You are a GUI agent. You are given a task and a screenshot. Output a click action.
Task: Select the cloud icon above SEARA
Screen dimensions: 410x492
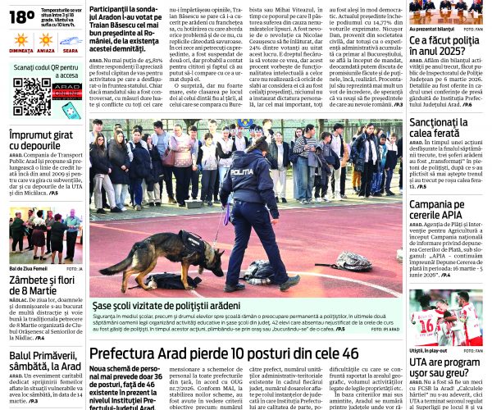click(70, 39)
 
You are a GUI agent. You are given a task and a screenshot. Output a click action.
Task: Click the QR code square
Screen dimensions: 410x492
click(30, 97)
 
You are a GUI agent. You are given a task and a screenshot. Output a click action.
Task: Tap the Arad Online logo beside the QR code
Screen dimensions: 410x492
click(66, 90)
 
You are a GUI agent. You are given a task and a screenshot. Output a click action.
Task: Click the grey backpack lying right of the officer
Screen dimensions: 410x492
click(353, 262)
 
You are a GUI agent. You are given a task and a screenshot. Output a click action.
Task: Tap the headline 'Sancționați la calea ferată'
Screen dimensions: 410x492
click(445, 128)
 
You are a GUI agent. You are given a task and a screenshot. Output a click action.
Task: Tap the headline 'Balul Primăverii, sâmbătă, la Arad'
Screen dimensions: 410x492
click(45, 361)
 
